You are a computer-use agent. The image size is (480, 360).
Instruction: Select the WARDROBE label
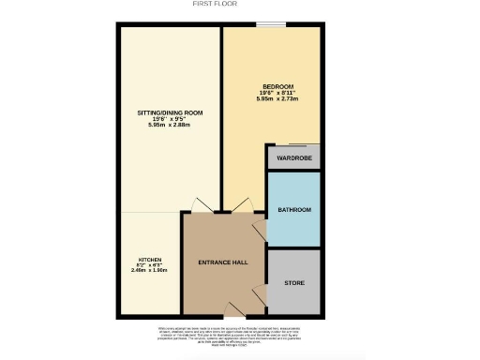[x=293, y=157]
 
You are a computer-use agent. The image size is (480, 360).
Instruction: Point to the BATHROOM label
[x=293, y=210]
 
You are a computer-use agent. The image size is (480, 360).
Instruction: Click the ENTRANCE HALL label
[x=224, y=262]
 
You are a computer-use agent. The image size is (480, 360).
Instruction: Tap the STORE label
[x=293, y=282]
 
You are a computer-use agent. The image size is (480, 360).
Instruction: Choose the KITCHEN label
[x=150, y=259]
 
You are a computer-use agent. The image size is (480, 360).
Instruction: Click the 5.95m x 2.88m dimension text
[x=169, y=125]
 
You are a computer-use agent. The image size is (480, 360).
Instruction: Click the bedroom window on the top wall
[x=272, y=24]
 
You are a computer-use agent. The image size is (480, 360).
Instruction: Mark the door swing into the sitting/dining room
[x=201, y=205]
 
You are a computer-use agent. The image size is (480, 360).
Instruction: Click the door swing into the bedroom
[x=242, y=205]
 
